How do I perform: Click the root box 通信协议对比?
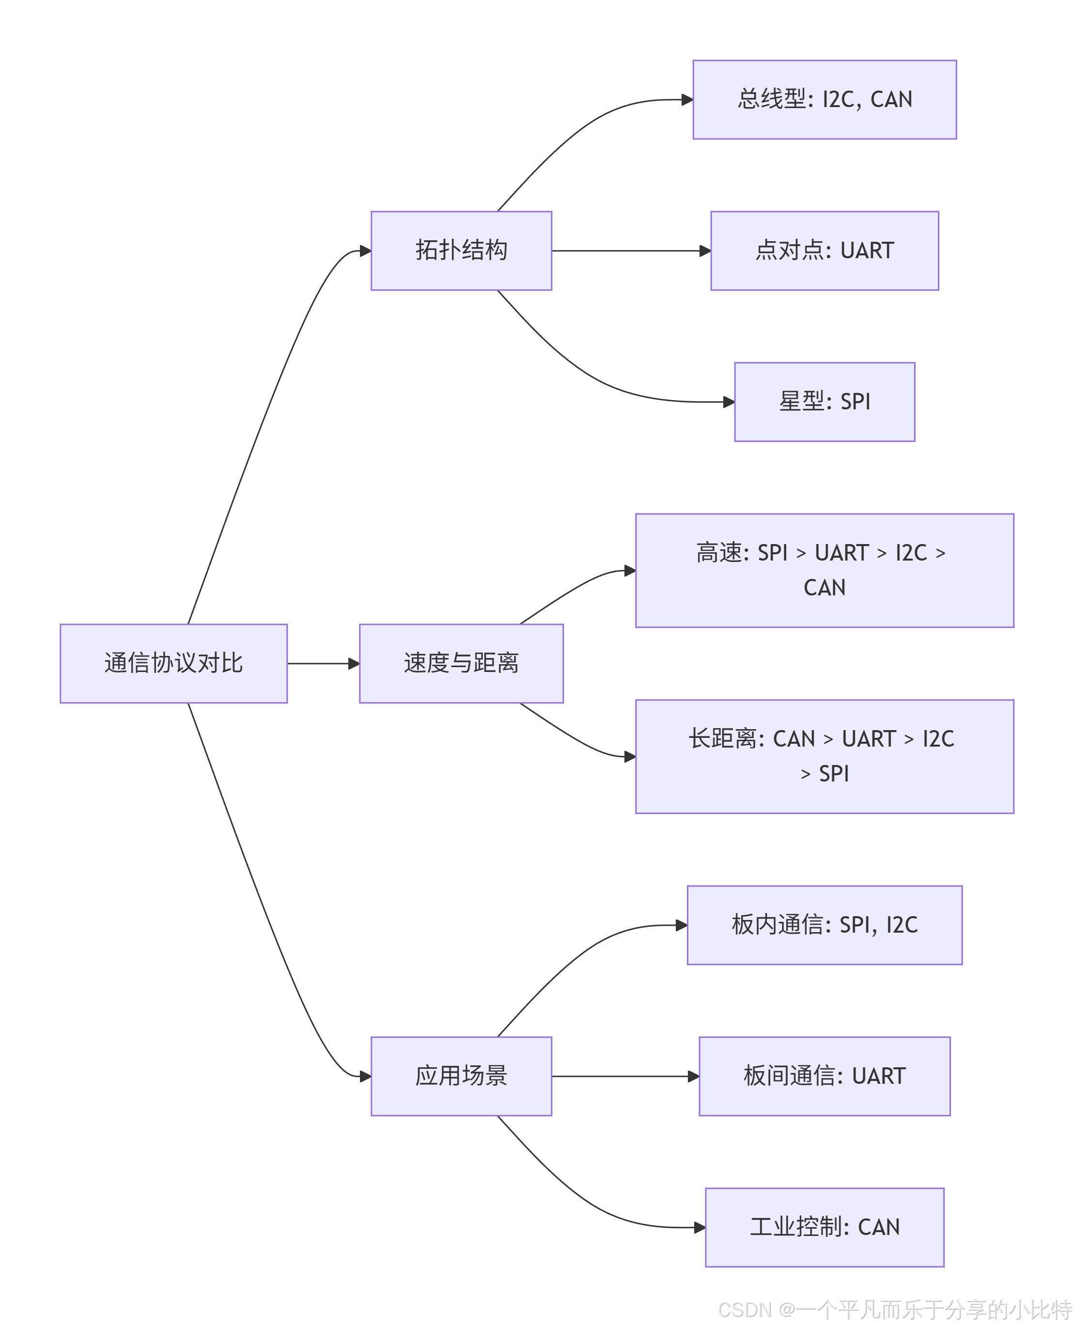point(173,663)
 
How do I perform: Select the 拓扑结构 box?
point(461,250)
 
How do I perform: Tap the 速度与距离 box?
point(461,663)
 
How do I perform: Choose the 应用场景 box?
point(461,1077)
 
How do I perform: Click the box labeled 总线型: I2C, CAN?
point(824,100)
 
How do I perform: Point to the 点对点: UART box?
point(824,250)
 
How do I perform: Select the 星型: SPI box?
point(824,402)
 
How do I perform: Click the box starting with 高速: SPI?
point(824,570)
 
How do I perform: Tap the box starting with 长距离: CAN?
point(824,756)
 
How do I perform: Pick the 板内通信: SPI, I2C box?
point(824,925)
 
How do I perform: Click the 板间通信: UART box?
point(824,1077)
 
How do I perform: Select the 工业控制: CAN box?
point(824,1227)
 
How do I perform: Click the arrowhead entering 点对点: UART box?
point(705,250)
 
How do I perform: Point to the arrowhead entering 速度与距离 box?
point(353,663)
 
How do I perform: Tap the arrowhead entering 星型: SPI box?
point(728,402)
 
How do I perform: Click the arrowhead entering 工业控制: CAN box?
point(699,1227)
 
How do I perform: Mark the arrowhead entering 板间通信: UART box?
point(693,1077)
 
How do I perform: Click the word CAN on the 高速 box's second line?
point(824,588)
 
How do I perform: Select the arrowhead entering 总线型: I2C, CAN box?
point(687,100)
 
